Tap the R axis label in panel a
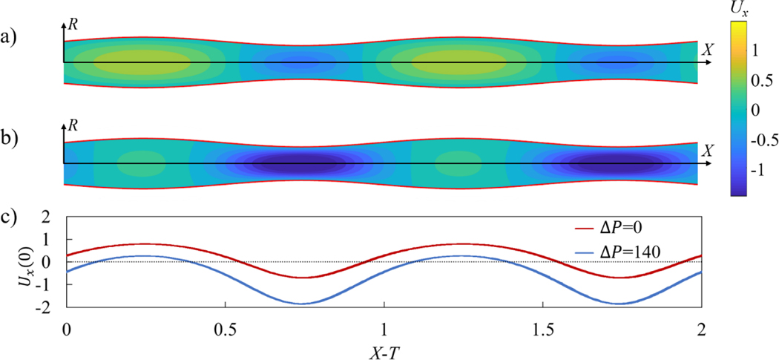(73, 25)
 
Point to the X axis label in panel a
(708, 49)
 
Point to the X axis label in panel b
(708, 151)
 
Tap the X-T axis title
(383, 348)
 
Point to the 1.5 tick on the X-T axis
(542, 327)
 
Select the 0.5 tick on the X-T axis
(225, 327)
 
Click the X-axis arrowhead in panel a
(709, 62)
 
